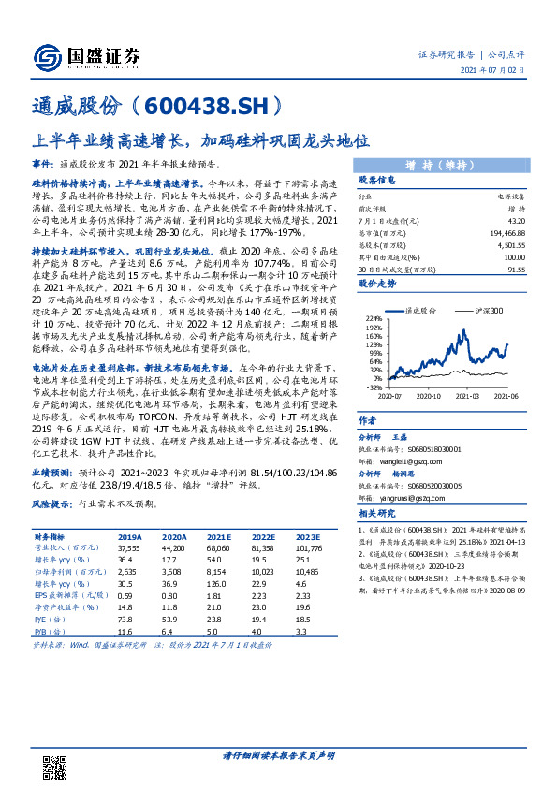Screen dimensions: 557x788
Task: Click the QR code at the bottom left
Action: (x=59, y=760)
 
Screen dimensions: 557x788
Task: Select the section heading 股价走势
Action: (x=377, y=282)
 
